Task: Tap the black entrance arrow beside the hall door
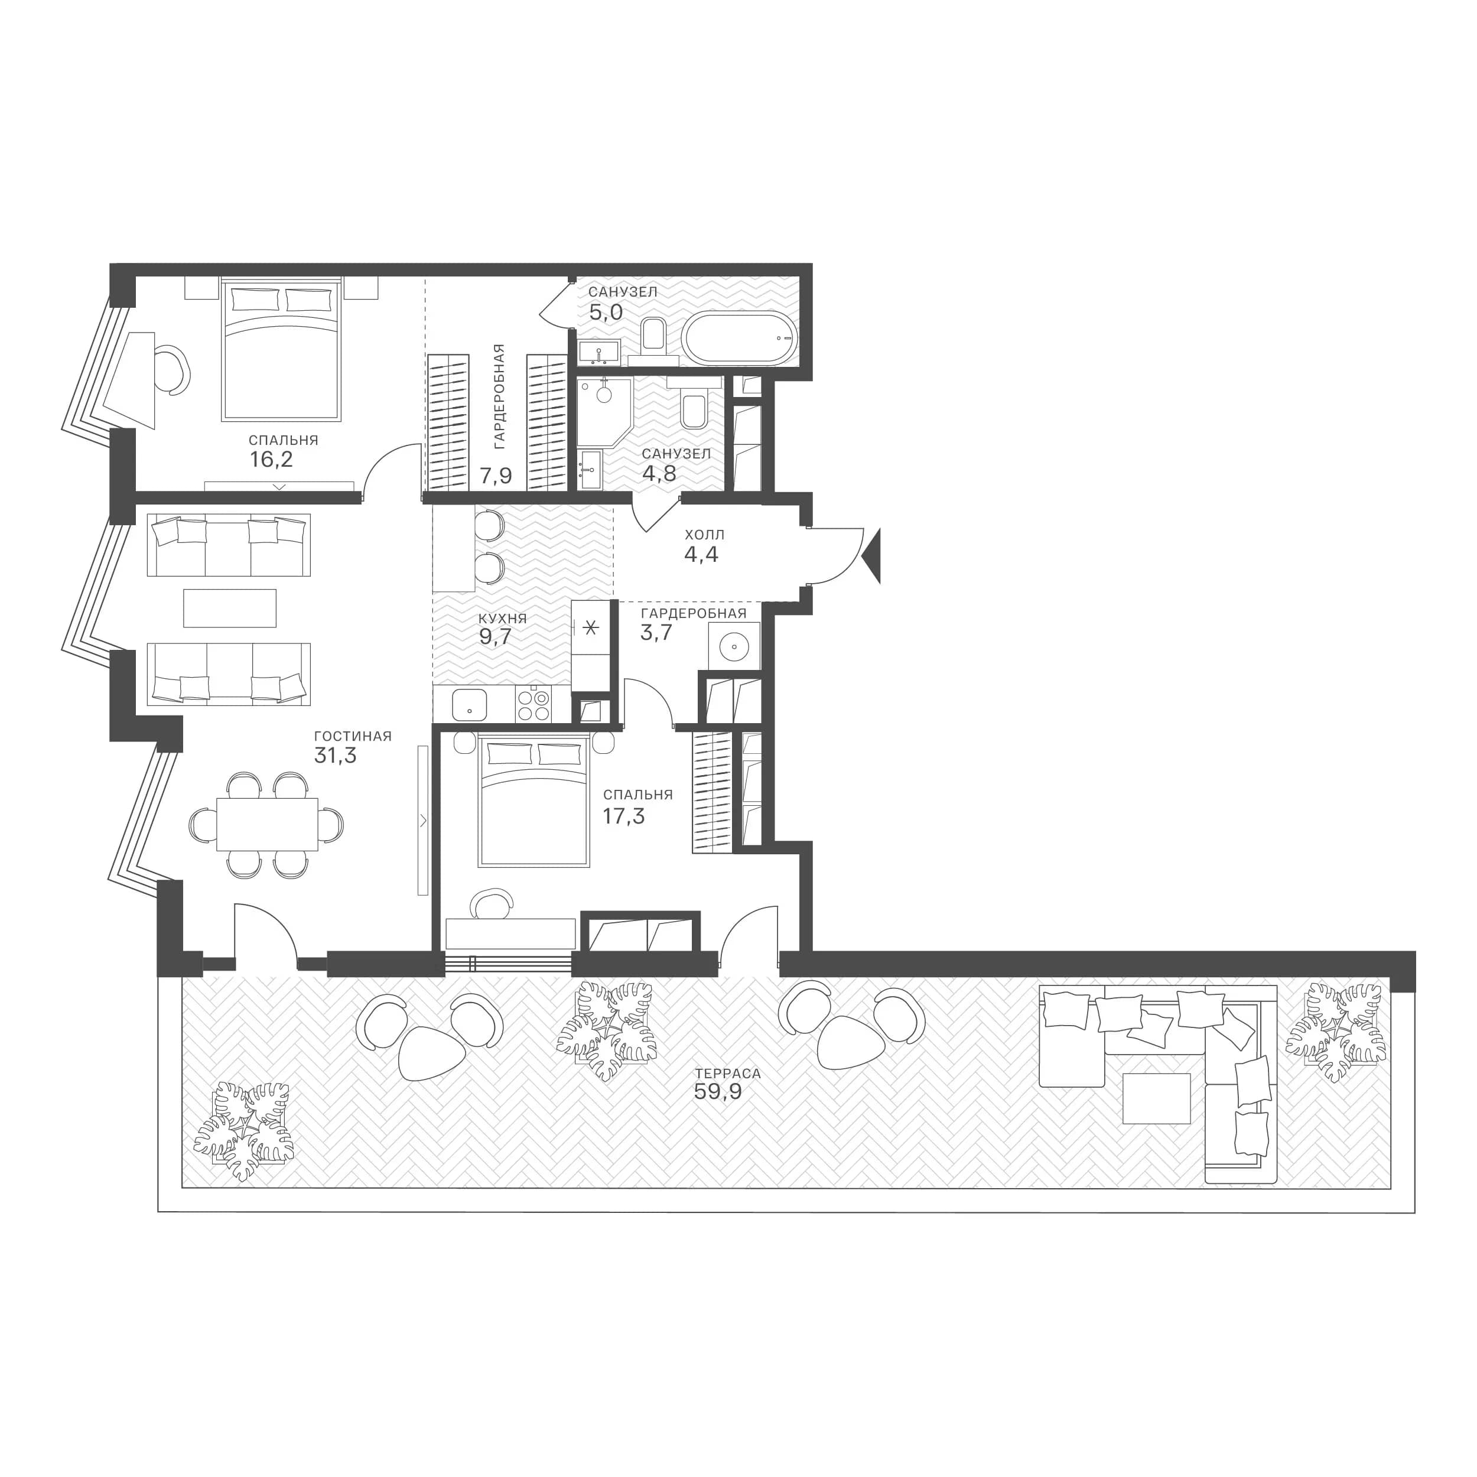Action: click(x=872, y=557)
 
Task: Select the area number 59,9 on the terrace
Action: click(x=718, y=1091)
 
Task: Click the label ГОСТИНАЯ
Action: click(x=353, y=736)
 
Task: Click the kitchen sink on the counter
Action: click(x=470, y=705)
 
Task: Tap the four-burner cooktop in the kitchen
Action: click(x=533, y=705)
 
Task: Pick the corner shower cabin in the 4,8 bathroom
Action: click(x=603, y=411)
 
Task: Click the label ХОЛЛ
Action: click(x=704, y=535)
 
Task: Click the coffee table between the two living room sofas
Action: click(x=230, y=608)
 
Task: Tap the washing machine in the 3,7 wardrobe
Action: click(x=734, y=647)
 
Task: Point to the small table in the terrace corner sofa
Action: click(x=1157, y=1098)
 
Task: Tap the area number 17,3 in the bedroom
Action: click(x=624, y=816)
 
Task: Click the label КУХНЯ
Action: click(x=502, y=619)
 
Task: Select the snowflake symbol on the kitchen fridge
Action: click(x=590, y=629)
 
